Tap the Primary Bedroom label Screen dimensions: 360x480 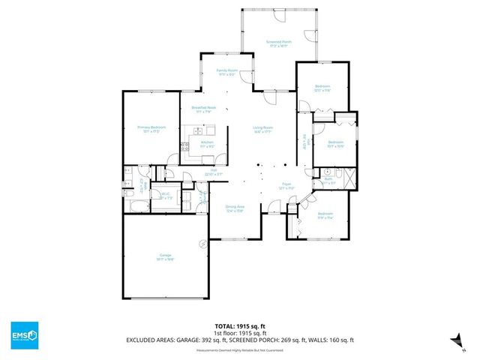(x=151, y=128)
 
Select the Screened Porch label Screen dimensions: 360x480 (x=279, y=43)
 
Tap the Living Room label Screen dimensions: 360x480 (x=262, y=129)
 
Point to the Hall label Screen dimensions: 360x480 (x=214, y=172)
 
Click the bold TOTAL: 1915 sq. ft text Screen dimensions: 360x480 (x=240, y=326)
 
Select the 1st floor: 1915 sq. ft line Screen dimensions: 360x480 (x=240, y=333)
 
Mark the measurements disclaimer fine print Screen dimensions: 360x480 (x=240, y=350)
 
